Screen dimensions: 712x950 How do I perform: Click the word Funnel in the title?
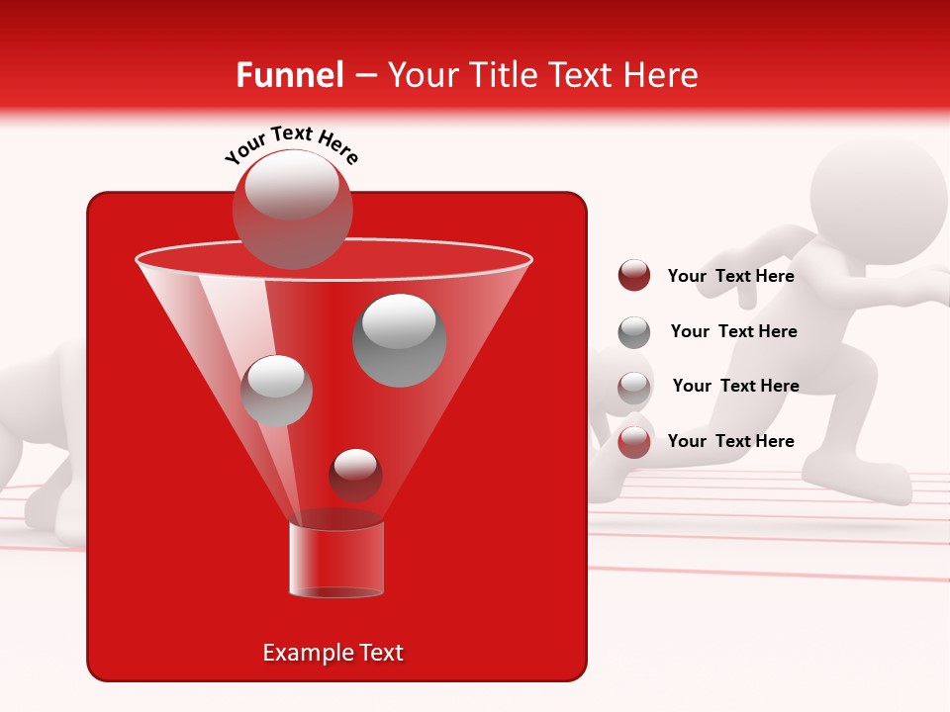tap(290, 75)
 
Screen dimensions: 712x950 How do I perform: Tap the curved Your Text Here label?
tap(291, 144)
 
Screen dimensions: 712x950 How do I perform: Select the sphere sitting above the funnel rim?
tap(292, 209)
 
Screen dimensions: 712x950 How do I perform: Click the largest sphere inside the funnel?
tap(400, 340)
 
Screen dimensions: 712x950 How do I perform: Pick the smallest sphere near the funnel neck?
tap(355, 475)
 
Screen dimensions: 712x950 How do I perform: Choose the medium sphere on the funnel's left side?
tap(277, 391)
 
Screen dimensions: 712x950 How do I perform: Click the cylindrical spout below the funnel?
tap(335, 560)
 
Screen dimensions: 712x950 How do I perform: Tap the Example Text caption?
tap(333, 653)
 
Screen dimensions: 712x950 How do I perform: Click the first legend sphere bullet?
tap(633, 276)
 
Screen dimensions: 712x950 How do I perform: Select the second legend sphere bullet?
tap(633, 332)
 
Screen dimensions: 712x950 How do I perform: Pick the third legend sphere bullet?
tap(633, 387)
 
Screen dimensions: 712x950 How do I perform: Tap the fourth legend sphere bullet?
tap(633, 441)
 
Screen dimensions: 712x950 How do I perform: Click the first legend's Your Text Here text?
tap(731, 276)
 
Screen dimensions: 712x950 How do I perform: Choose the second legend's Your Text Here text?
tap(733, 331)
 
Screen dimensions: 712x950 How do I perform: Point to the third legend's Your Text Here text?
tap(735, 386)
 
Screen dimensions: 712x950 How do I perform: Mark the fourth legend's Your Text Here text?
tap(731, 441)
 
